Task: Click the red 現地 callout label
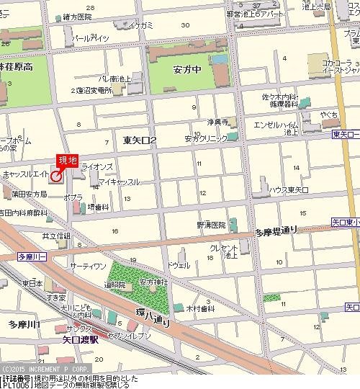(67, 161)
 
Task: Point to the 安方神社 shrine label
(153, 282)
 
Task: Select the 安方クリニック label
(204, 138)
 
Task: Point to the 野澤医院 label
(210, 225)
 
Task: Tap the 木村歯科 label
(202, 308)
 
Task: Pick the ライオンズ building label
(97, 166)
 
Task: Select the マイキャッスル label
(119, 182)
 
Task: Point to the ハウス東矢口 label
(289, 189)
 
